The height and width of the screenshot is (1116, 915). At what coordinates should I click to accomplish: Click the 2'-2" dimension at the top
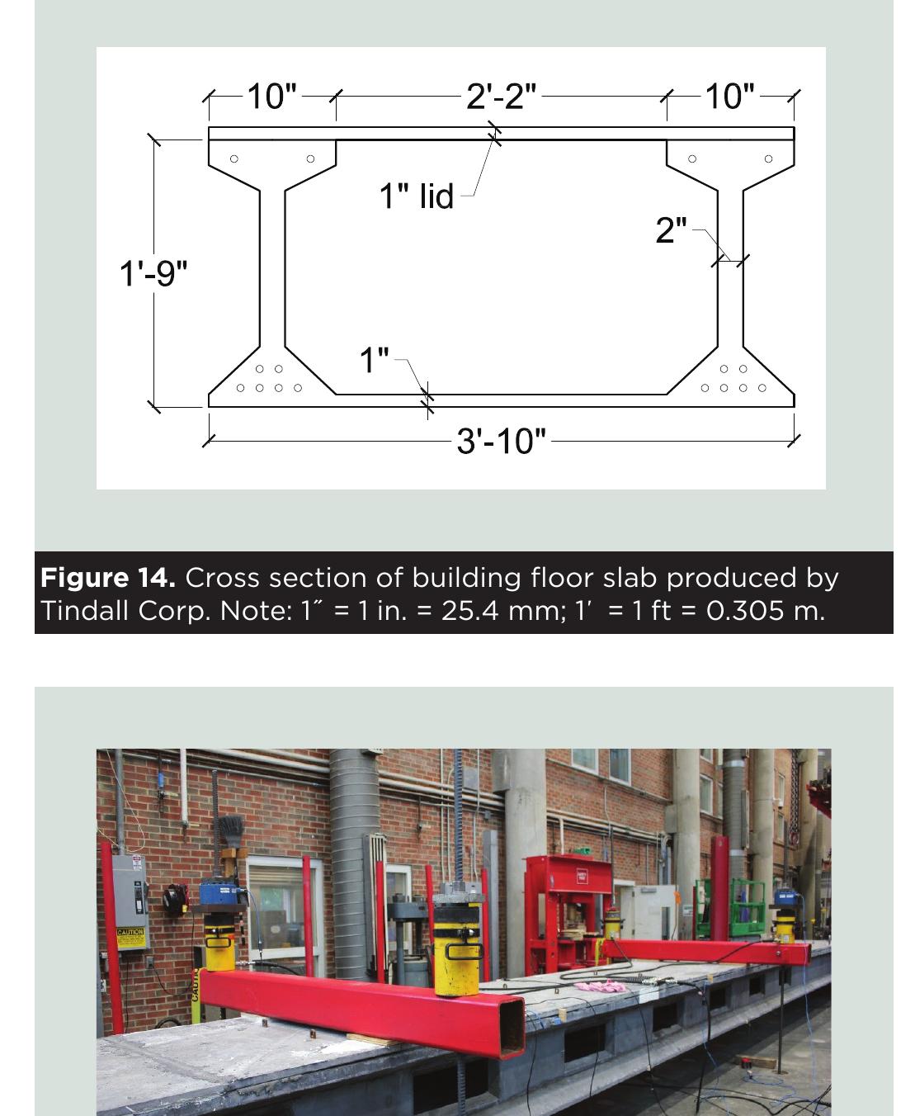(501, 97)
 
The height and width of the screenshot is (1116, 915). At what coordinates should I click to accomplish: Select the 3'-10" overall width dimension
(501, 441)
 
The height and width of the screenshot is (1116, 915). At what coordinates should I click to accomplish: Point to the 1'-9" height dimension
(154, 272)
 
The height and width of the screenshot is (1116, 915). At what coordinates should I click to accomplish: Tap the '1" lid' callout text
(416, 196)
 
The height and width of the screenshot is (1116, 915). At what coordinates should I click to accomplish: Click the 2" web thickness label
(671, 230)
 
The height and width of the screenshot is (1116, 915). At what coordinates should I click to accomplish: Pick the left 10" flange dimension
(271, 97)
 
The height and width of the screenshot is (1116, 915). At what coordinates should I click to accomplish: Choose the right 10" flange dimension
(729, 97)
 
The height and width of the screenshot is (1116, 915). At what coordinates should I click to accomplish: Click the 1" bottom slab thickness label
(374, 360)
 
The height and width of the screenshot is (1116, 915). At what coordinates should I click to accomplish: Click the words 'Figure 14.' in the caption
(108, 578)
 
